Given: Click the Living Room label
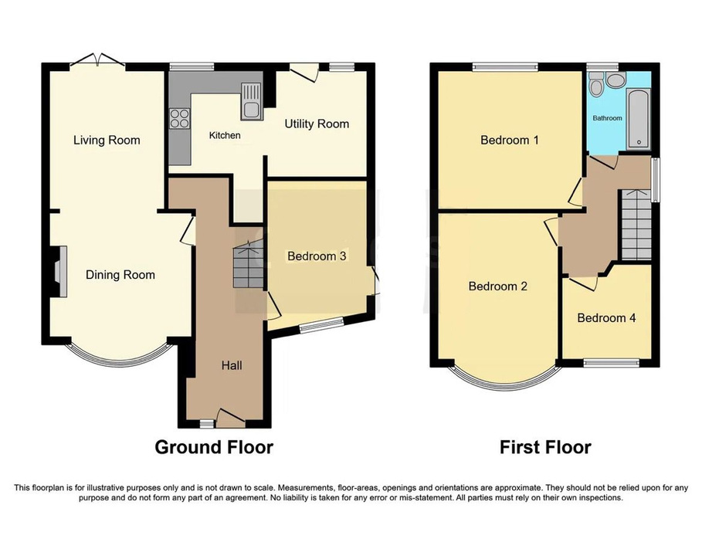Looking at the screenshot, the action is tap(107, 140).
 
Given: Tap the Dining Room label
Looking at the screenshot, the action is tap(120, 275).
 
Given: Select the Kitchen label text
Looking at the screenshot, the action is tap(225, 135).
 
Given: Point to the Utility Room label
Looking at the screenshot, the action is tap(317, 124).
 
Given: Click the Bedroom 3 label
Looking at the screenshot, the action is tap(317, 256).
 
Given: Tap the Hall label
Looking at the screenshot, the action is tap(232, 366).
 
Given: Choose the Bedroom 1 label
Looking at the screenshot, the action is tap(510, 140).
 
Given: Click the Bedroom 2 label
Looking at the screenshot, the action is tap(498, 286).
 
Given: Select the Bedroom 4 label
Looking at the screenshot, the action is tap(607, 318).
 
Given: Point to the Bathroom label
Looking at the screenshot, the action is tap(608, 118).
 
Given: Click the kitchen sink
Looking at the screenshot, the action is tap(251, 101).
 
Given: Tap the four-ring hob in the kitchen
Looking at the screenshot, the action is tap(179, 117).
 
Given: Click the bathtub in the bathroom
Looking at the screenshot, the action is tap(639, 119).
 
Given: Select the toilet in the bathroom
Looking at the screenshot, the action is tap(596, 85).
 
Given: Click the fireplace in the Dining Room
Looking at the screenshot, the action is tap(59, 271).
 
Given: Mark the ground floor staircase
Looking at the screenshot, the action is tap(248, 263).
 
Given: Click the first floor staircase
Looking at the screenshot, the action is tap(636, 224).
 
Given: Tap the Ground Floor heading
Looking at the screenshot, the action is tap(214, 447).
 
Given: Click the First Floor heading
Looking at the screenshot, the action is tap(545, 447).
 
